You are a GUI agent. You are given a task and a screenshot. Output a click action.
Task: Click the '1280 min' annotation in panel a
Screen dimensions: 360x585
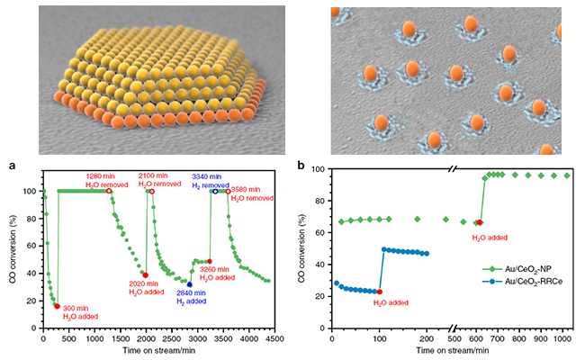point(101,175)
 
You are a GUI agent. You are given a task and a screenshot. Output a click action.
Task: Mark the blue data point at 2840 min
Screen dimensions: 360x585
point(189,284)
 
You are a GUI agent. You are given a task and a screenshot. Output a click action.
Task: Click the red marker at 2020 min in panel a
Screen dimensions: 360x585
point(146,274)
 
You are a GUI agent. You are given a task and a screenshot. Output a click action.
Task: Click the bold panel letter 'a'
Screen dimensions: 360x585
point(12,166)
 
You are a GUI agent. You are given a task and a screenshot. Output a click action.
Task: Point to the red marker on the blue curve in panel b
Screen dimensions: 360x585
point(380,292)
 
